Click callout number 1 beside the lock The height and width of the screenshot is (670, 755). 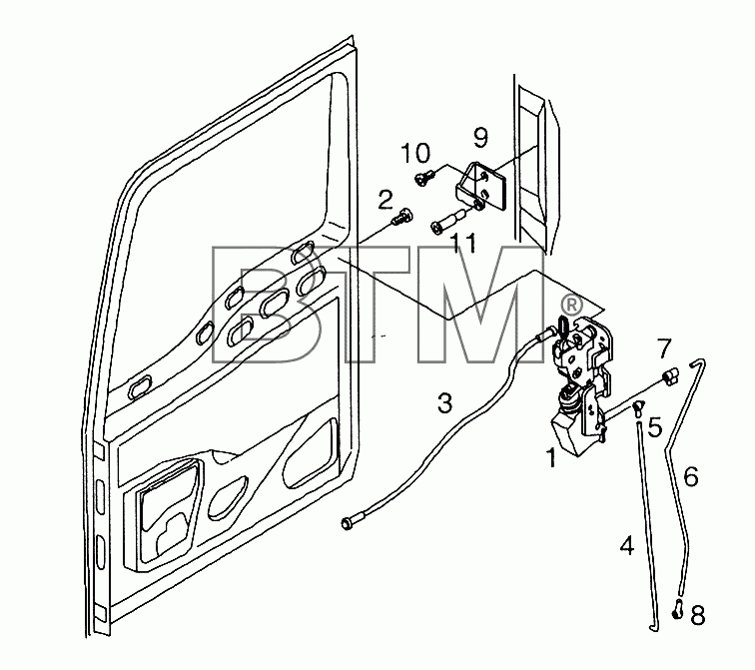coord(552,457)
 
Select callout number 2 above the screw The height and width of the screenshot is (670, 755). coord(385,201)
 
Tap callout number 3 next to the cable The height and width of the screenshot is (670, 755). coord(445,402)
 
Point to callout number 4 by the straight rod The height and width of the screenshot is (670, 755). coord(627,545)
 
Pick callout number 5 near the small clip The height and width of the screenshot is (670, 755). coord(655,427)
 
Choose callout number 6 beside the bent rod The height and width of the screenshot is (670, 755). coord(691,476)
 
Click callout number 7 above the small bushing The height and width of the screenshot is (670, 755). coord(664,348)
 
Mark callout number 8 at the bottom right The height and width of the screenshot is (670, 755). coord(698,615)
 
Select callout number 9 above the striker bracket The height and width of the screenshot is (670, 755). coord(480,137)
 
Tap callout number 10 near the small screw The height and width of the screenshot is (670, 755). coord(415,154)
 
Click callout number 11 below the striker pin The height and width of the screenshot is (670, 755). coord(463,243)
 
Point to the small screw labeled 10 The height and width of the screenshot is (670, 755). coord(423,178)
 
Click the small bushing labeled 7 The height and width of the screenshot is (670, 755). coord(670,374)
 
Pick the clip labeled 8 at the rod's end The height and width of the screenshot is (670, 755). coord(677,609)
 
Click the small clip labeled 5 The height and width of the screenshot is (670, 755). coord(639,407)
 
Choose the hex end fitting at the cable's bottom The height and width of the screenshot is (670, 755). coord(349,522)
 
